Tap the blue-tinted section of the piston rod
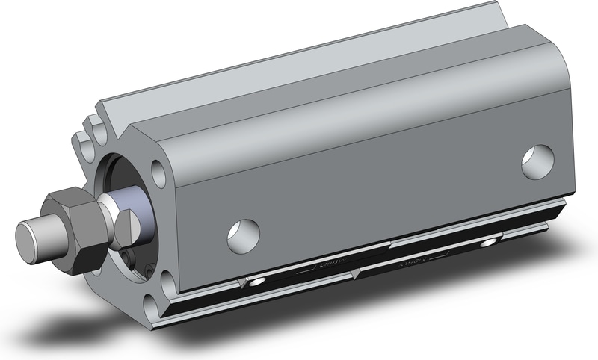(x=134, y=210)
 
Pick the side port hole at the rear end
(x=536, y=162)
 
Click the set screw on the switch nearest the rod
(x=257, y=282)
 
